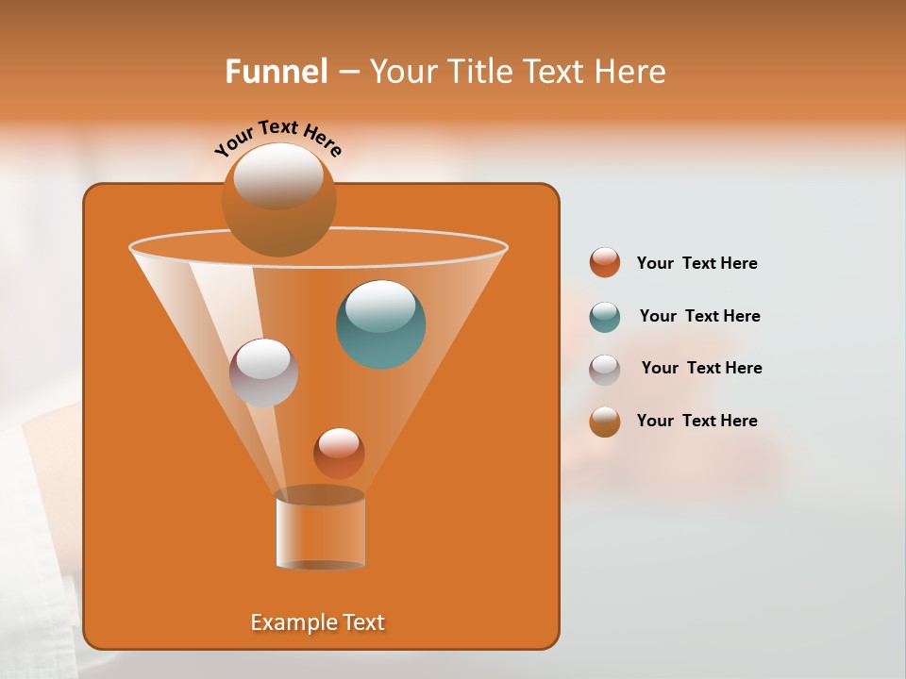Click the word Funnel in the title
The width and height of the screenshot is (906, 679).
pos(277,72)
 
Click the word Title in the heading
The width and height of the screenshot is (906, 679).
pos(480,72)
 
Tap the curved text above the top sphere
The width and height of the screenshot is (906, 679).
pos(277,137)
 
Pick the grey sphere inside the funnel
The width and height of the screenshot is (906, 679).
pos(263,373)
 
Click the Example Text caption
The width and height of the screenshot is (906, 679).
pos(317,622)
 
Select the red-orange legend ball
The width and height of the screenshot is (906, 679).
pos(605,263)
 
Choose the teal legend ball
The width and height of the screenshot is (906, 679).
pos(605,317)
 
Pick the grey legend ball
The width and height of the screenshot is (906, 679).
pos(605,370)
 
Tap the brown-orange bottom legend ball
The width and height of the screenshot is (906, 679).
pos(605,422)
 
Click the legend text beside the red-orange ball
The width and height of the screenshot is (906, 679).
pos(696,264)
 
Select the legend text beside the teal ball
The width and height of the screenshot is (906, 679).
pos(699,317)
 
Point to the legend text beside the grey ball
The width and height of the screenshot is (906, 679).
pos(701,369)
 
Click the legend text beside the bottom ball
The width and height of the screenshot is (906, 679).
pos(696,421)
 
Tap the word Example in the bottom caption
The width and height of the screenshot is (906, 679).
pos(285,622)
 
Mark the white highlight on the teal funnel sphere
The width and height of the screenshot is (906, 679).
pos(380,306)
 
